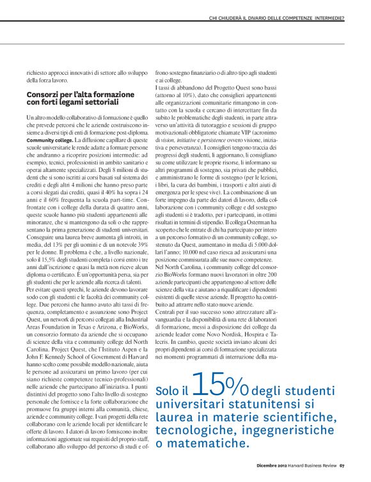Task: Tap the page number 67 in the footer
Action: [342, 465]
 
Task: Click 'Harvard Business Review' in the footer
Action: [310, 465]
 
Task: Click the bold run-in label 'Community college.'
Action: [49, 139]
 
